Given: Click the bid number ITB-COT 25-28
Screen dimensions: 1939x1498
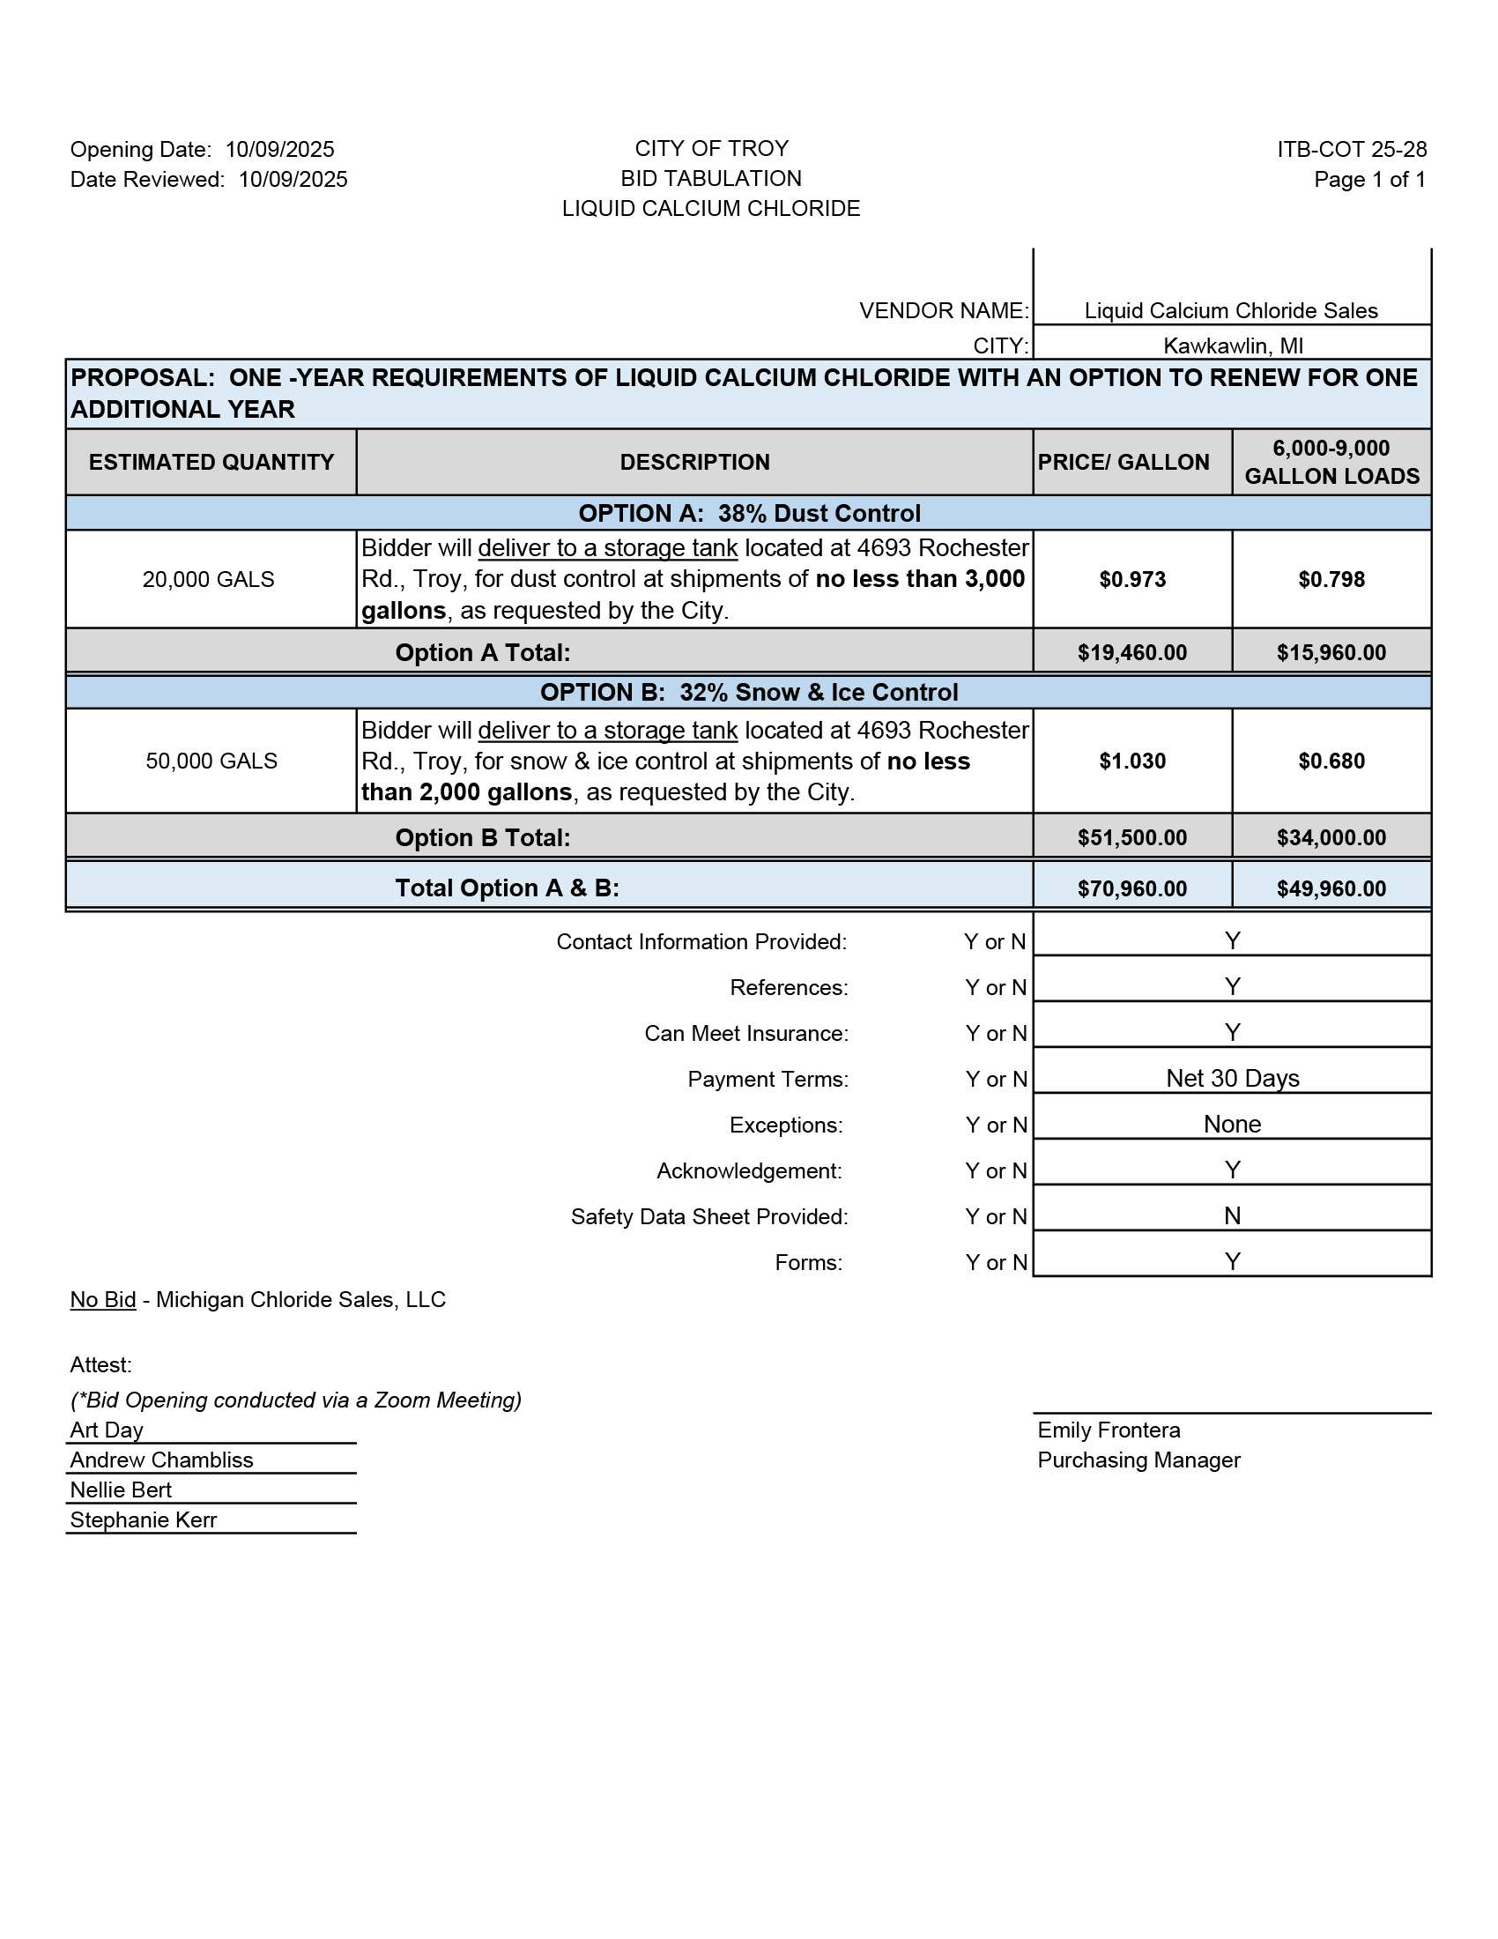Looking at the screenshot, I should (x=1351, y=149).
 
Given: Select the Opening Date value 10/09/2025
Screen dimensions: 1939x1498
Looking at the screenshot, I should (x=279, y=149).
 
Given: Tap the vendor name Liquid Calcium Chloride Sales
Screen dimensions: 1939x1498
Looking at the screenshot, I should (x=1230, y=311).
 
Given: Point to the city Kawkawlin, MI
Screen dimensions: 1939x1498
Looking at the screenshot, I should (x=1233, y=345).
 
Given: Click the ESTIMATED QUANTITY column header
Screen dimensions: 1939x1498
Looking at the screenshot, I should (x=211, y=462).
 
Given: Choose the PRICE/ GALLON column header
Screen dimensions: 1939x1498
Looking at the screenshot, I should (x=1123, y=462).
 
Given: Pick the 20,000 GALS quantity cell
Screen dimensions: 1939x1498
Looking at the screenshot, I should (x=209, y=579).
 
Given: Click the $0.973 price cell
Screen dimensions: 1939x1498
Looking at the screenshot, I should (x=1131, y=579).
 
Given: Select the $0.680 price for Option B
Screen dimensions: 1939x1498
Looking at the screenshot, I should (x=1331, y=761).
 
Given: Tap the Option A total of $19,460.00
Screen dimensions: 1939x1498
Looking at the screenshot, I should (x=1131, y=652).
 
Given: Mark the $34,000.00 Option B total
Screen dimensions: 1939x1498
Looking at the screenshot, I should (x=1331, y=837).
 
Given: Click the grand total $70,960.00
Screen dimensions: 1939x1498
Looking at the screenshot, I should (x=1131, y=888).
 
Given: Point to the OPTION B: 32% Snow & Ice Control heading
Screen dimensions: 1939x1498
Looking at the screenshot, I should (x=748, y=693).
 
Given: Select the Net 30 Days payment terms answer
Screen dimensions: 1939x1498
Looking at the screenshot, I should (x=1232, y=1078).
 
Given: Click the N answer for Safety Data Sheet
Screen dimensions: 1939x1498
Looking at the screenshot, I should (x=1232, y=1215).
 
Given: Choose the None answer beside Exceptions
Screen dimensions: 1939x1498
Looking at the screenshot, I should (x=1232, y=1124).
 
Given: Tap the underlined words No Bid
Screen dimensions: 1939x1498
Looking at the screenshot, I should (x=103, y=1300).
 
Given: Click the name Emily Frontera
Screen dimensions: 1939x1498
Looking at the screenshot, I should (x=1109, y=1430).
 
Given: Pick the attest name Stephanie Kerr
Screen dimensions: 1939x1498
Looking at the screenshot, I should (x=143, y=1520).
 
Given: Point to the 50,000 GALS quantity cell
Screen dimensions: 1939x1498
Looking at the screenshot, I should (x=211, y=761).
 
